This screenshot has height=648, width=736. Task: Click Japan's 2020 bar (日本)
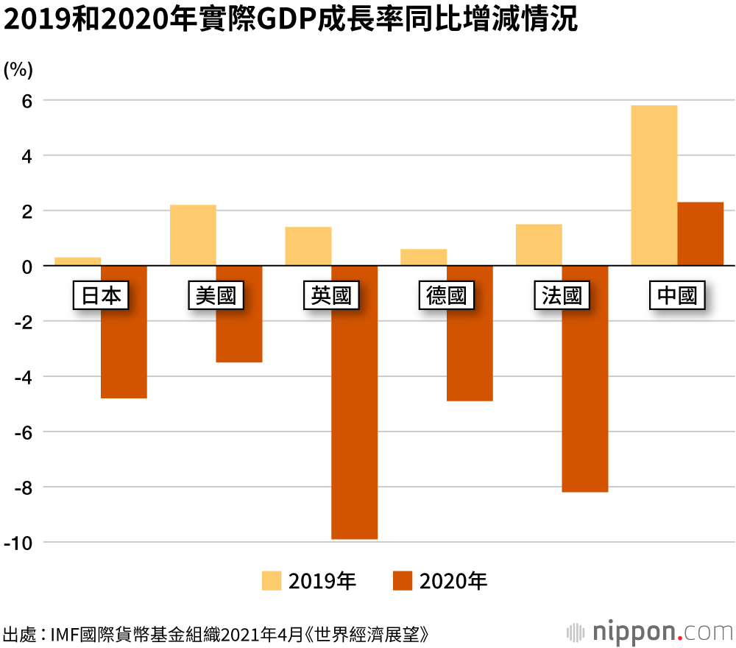tap(124, 346)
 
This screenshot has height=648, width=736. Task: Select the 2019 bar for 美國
tap(193, 235)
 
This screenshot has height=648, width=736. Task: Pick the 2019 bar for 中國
tap(654, 185)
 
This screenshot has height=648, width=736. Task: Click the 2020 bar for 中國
tap(700, 233)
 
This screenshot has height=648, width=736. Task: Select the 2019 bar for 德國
tap(423, 257)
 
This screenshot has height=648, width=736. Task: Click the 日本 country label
tap(101, 296)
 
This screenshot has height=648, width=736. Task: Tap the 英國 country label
tap(331, 296)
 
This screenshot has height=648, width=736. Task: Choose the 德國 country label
tap(447, 296)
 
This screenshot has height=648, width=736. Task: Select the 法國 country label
tap(562, 296)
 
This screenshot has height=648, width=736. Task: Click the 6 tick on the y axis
tap(26, 100)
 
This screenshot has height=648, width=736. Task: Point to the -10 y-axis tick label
tap(20, 543)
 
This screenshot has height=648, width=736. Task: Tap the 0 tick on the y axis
tap(26, 266)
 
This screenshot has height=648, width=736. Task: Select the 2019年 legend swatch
tap(272, 581)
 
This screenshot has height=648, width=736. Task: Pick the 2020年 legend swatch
tap(403, 581)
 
